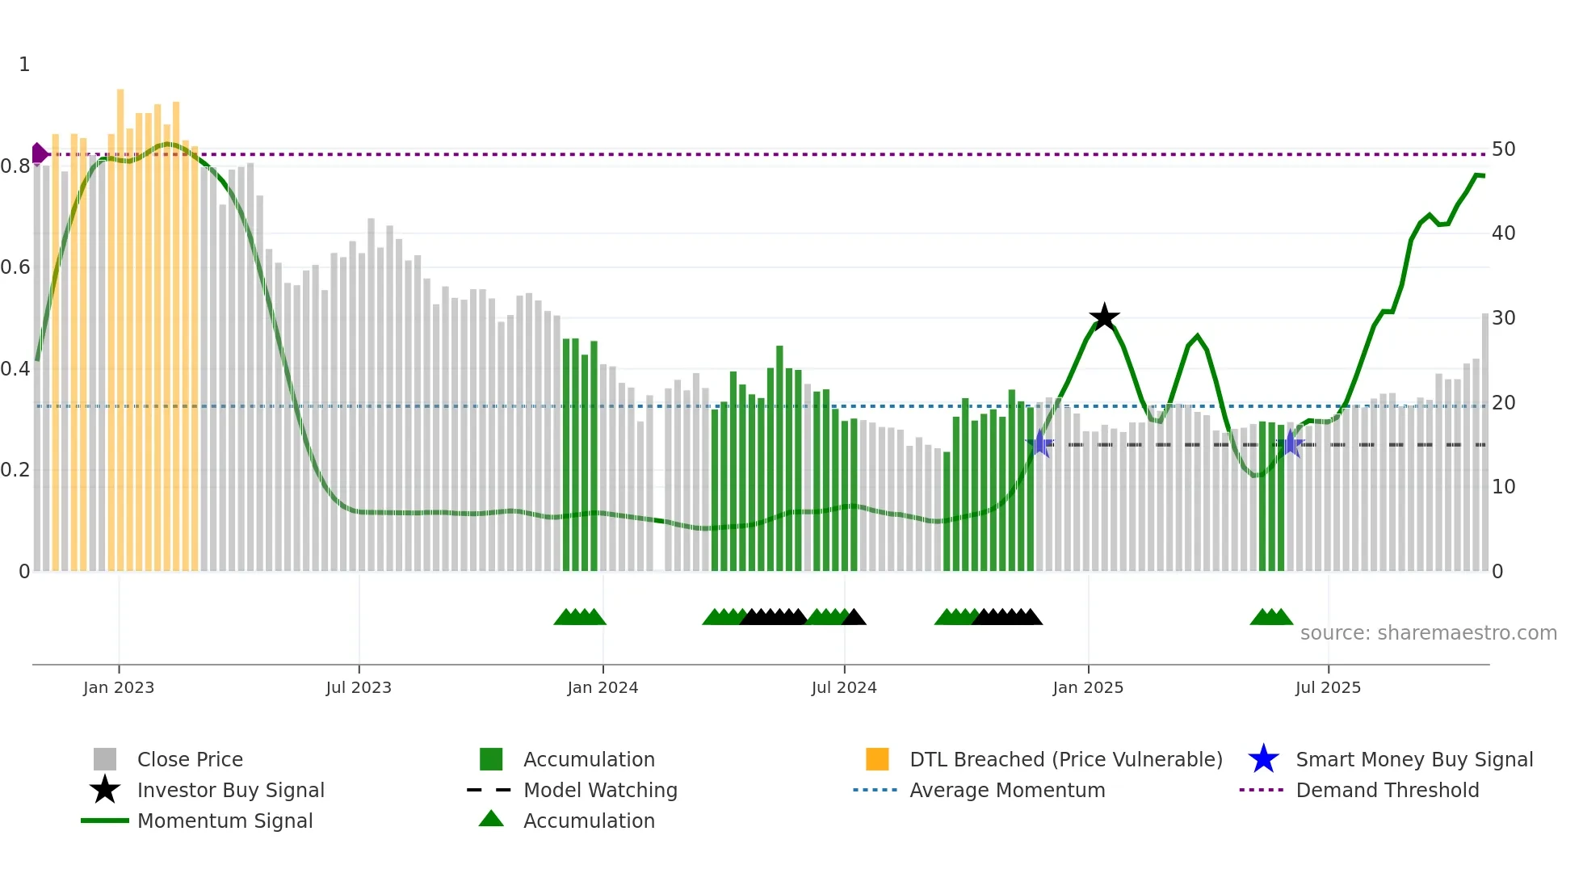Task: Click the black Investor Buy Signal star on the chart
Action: point(1104,318)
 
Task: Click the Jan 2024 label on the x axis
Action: point(603,687)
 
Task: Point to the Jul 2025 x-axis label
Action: point(1328,687)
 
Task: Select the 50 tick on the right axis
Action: point(1503,149)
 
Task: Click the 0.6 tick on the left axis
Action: point(16,267)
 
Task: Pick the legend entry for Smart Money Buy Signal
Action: point(1413,759)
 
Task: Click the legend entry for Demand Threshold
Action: point(1387,790)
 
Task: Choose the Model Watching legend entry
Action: point(599,790)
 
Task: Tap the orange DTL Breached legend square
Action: point(877,759)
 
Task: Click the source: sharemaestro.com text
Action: point(1428,633)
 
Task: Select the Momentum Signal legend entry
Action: point(225,821)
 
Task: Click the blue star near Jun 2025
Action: point(1291,443)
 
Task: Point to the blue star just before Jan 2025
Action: point(1040,443)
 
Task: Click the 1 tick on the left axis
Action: point(24,65)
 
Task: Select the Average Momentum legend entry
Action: point(1006,790)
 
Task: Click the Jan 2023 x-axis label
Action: point(119,687)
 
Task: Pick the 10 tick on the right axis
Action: point(1503,487)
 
